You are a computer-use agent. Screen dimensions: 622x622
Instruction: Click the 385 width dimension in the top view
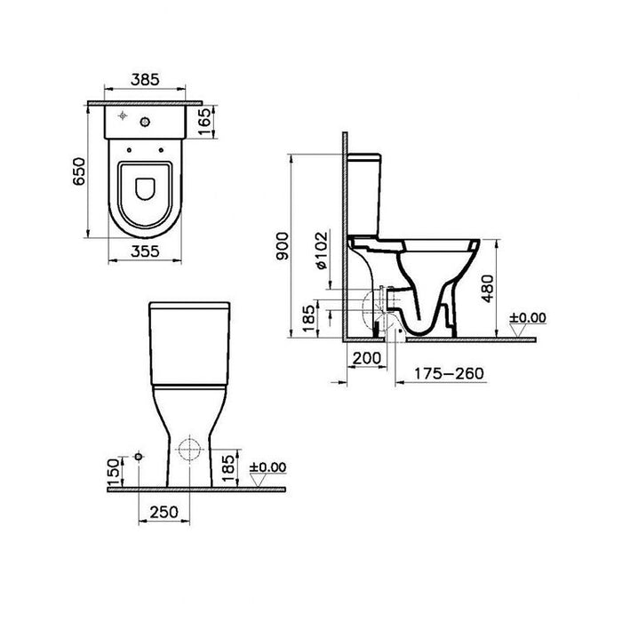coord(146,80)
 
